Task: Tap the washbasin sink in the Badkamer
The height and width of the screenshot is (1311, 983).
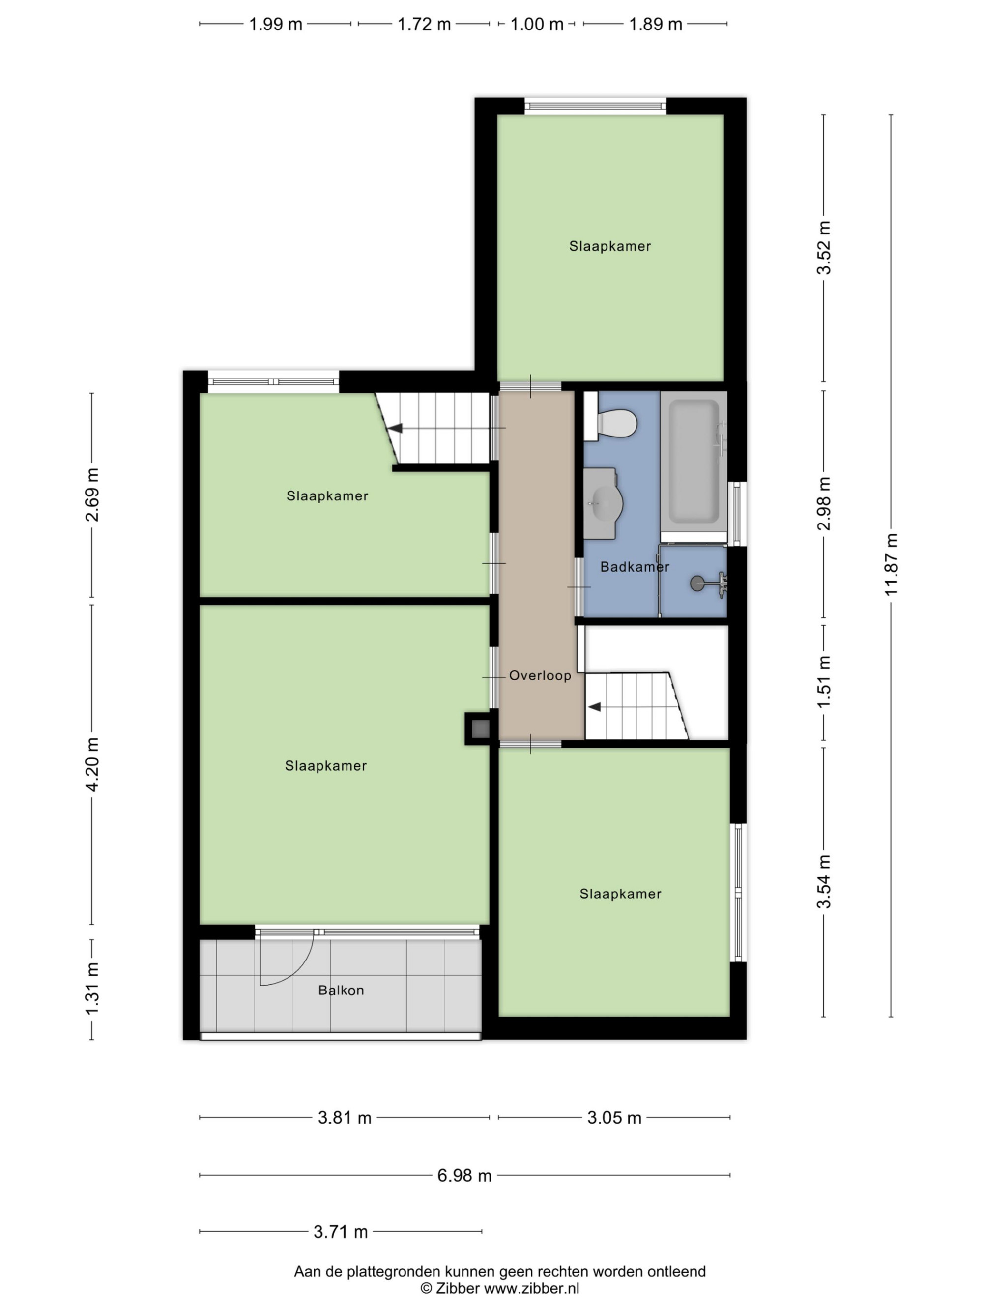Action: tap(602, 504)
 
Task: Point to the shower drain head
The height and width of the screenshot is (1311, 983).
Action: tap(698, 583)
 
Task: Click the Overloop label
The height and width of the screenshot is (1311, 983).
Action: tap(540, 675)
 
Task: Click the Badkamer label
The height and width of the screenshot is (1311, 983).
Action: tap(635, 567)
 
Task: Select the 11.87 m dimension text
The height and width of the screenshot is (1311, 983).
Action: tap(891, 564)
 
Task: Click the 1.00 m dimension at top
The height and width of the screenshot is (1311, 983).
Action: tap(537, 24)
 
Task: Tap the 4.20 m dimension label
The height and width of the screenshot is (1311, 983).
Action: tap(92, 764)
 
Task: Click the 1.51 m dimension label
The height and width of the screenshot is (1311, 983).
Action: tap(824, 682)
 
